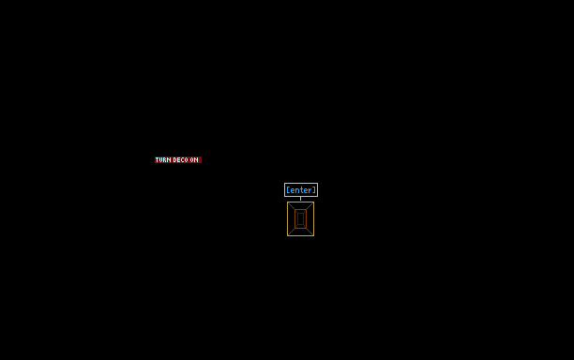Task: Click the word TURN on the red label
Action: pyautogui.click(x=163, y=160)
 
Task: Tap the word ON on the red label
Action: pyautogui.click(x=194, y=160)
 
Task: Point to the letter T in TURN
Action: pyautogui.click(x=158, y=160)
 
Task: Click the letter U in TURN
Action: pyautogui.click(x=161, y=160)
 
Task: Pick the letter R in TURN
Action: pyautogui.click(x=165, y=160)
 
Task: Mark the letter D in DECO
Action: pyautogui.click(x=174, y=160)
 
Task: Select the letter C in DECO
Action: pyautogui.click(x=182, y=160)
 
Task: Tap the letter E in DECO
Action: pyautogui.click(x=178, y=160)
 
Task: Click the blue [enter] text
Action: pyautogui.click(x=301, y=190)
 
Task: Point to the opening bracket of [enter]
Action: pyautogui.click(x=288, y=190)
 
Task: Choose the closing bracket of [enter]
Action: pyautogui.click(x=314, y=190)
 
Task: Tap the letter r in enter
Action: pyautogui.click(x=310, y=190)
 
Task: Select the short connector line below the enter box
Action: pyautogui.click(x=300, y=199)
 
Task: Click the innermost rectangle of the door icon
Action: pyautogui.click(x=297, y=218)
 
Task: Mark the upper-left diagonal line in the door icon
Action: pyautogui.click(x=292, y=206)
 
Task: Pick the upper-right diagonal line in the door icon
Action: pyautogui.click(x=310, y=206)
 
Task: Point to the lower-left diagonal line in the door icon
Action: pyautogui.click(x=292, y=232)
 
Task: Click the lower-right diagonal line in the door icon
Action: pyautogui.click(x=310, y=232)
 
